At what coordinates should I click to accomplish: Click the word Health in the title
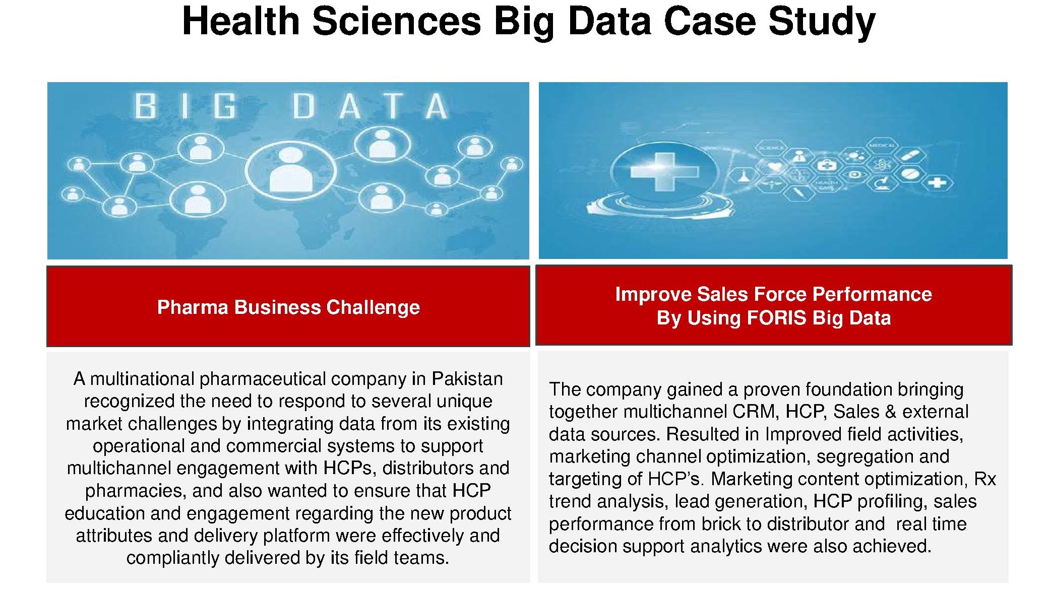tap(241, 21)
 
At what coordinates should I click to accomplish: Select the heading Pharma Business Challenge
tap(288, 307)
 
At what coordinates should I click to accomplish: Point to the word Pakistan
tap(467, 378)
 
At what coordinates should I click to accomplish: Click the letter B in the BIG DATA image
tap(145, 106)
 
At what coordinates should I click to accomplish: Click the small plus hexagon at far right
tap(937, 182)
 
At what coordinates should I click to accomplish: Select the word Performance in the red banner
tap(872, 294)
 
